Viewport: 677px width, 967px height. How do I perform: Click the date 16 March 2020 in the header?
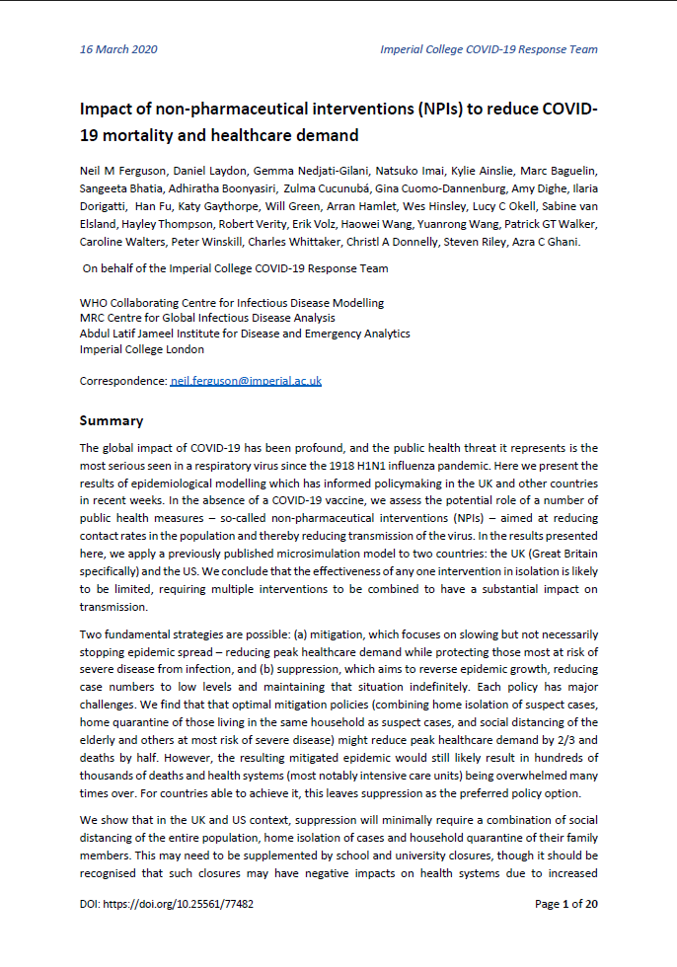118,49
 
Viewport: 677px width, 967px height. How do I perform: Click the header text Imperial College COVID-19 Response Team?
489,49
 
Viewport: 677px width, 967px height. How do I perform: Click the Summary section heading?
111,420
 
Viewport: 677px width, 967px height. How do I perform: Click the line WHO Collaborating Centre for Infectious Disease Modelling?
231,303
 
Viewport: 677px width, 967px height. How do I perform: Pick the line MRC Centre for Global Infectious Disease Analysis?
207,318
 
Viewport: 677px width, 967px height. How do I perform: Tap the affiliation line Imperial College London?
142,348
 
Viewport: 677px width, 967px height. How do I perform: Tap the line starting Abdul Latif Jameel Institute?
244,334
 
